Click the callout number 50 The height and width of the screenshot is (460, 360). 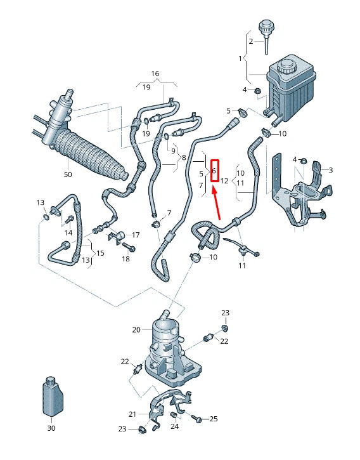tap(68, 174)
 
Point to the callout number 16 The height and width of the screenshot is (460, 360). tap(155, 74)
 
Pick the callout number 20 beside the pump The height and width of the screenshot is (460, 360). tap(136, 329)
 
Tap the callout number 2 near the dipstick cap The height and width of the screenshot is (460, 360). tap(250, 41)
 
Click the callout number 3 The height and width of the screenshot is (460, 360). tap(330, 170)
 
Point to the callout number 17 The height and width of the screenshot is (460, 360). tap(136, 235)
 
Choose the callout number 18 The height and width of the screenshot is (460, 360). tap(125, 259)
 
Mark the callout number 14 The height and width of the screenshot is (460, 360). tap(68, 233)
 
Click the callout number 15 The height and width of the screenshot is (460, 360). tap(100, 254)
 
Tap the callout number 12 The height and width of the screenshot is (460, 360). tap(224, 181)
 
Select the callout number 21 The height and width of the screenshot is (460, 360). tap(132, 414)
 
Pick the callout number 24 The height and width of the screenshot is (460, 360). tap(174, 427)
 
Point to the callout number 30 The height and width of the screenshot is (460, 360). tap(51, 428)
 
